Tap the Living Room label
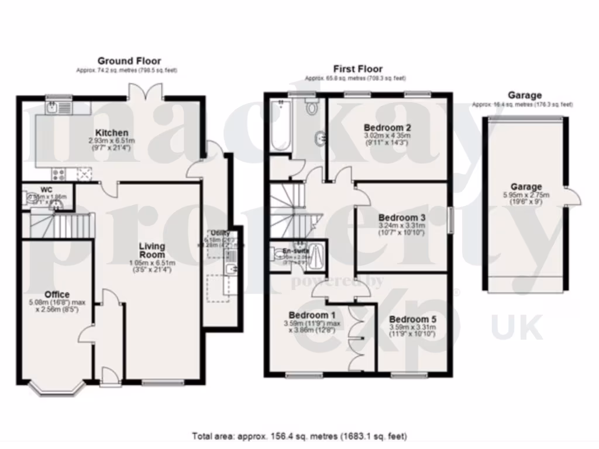point(152,250)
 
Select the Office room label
point(57,294)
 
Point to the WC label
point(47,189)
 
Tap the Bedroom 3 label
point(403,217)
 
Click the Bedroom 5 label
point(412,319)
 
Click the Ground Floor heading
point(129,61)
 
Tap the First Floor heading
point(357,68)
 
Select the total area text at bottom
point(299,436)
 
